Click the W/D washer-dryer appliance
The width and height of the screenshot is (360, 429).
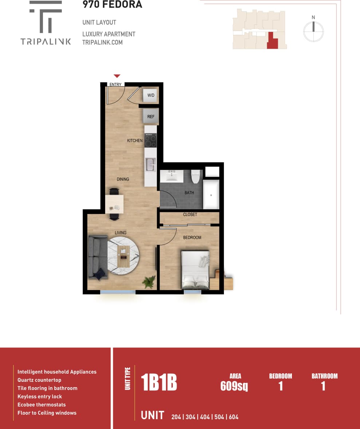click(150, 95)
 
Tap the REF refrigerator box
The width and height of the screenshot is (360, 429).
click(151, 117)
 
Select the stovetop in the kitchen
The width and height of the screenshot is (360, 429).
click(151, 140)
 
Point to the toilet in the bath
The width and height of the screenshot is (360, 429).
click(196, 176)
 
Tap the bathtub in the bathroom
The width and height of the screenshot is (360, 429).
click(211, 195)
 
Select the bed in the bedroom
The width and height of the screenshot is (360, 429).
click(195, 270)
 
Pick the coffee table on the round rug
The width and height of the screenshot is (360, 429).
click(124, 257)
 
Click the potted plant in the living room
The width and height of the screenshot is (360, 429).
click(149, 281)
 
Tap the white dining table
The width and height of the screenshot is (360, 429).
click(114, 204)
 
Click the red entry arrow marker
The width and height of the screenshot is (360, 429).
click(117, 76)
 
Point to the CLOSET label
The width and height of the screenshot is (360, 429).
click(190, 215)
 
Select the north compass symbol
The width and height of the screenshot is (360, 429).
click(313, 31)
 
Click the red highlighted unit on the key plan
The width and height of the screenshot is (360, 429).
click(272, 41)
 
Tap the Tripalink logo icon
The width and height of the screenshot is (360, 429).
click(46, 17)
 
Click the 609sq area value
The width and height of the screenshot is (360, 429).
click(234, 386)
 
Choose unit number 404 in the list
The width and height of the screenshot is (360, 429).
click(205, 417)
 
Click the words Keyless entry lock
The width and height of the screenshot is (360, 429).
click(40, 397)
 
